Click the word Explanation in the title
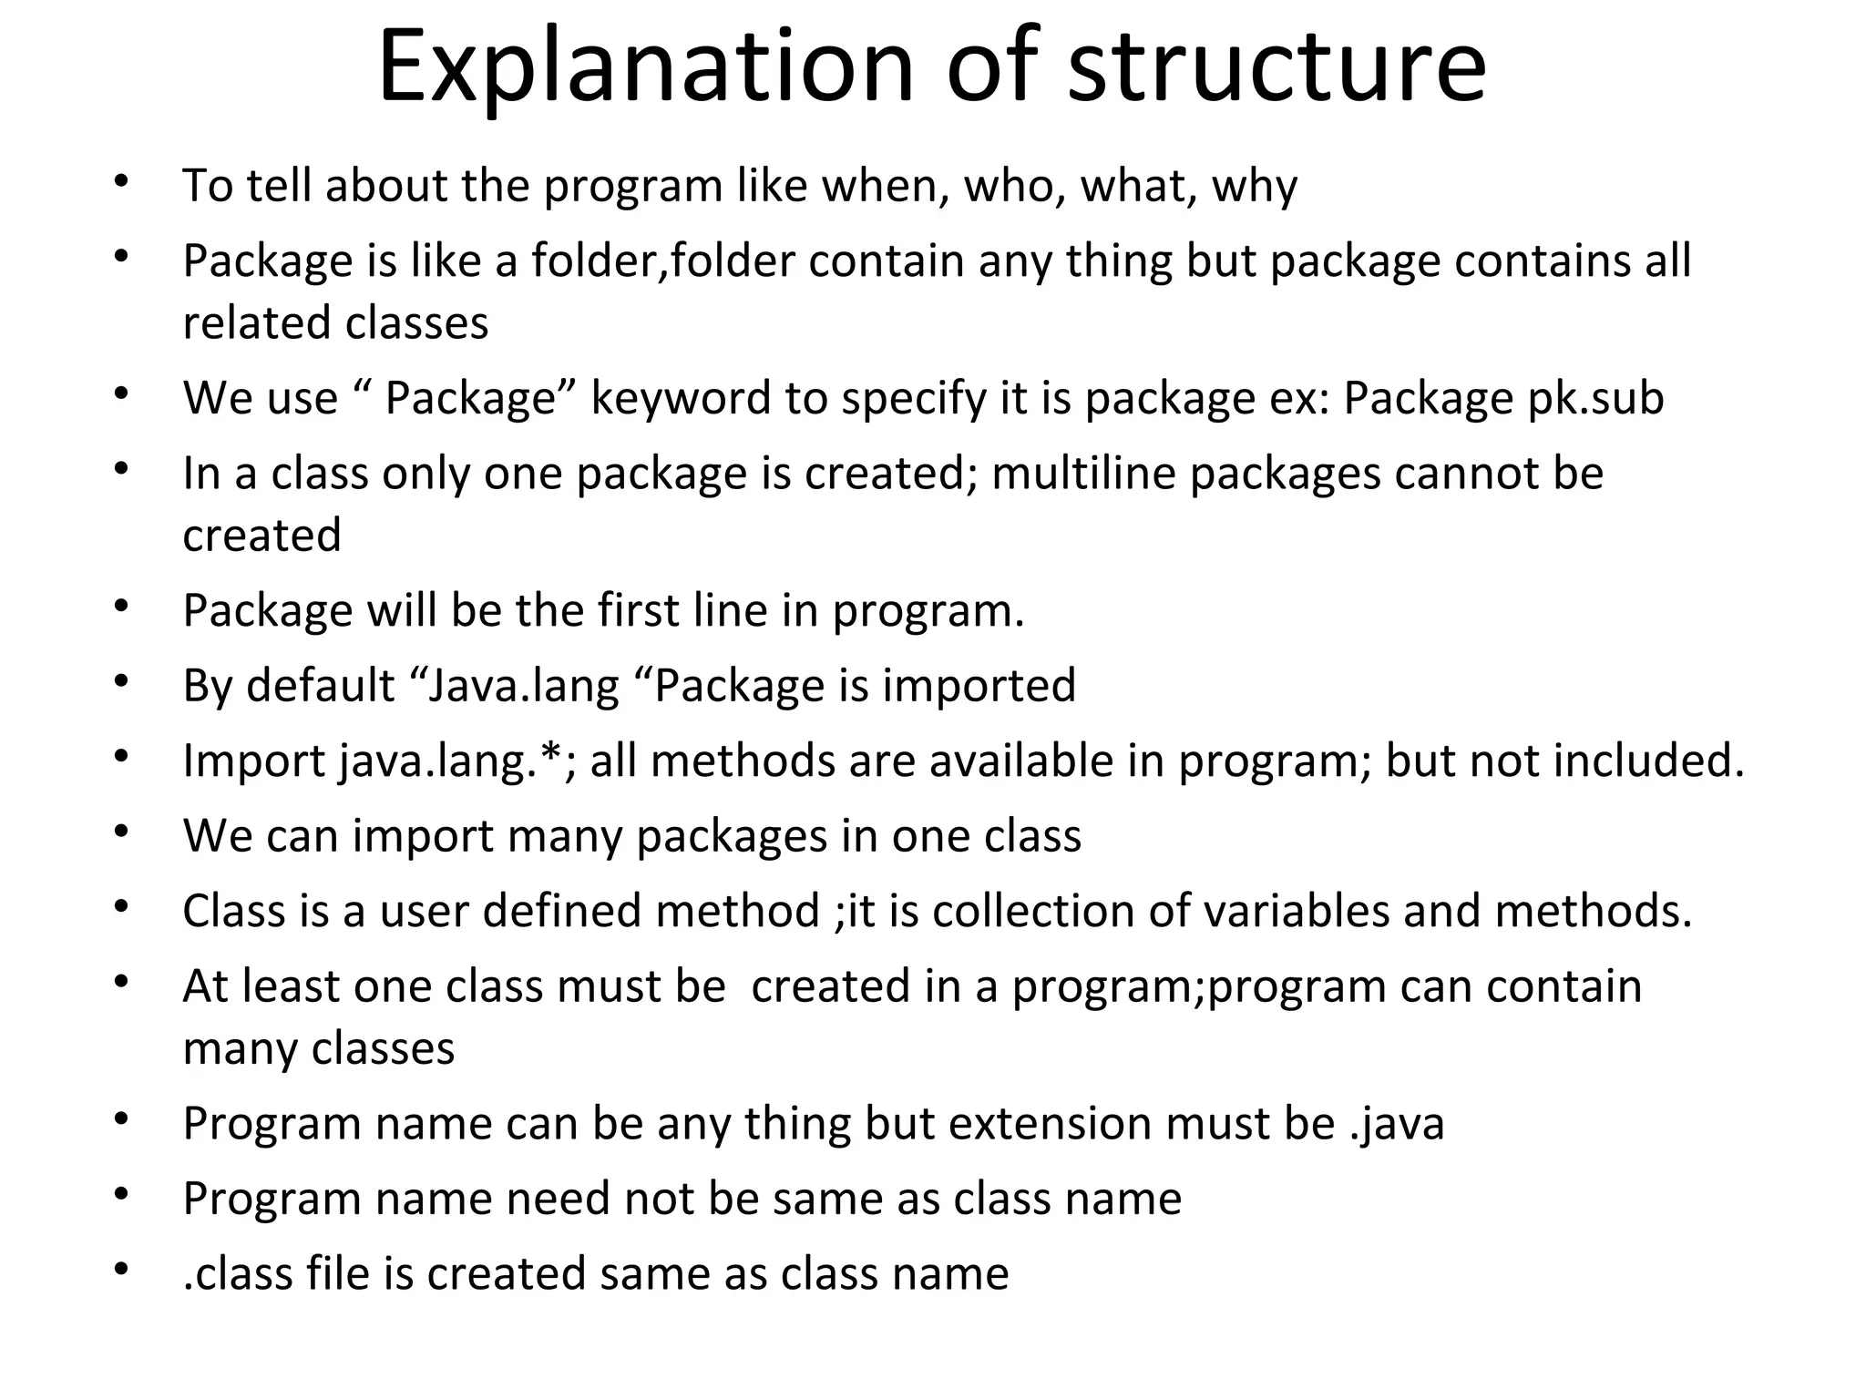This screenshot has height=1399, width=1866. pos(645,66)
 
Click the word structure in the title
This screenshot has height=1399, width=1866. pos(1276,66)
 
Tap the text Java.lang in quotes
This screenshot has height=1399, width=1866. pos(523,686)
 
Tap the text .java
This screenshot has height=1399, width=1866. pos(1396,1123)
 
